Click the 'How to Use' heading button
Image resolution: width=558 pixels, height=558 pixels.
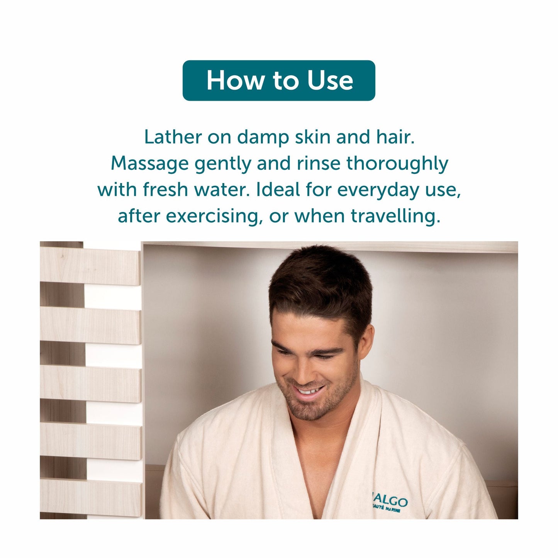(x=278, y=80)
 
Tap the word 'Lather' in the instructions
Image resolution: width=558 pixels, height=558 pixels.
(x=173, y=137)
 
